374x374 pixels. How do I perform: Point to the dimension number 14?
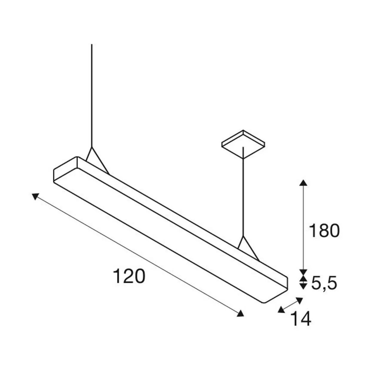coord(301,319)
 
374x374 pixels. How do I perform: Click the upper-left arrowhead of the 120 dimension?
coord(35,197)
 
